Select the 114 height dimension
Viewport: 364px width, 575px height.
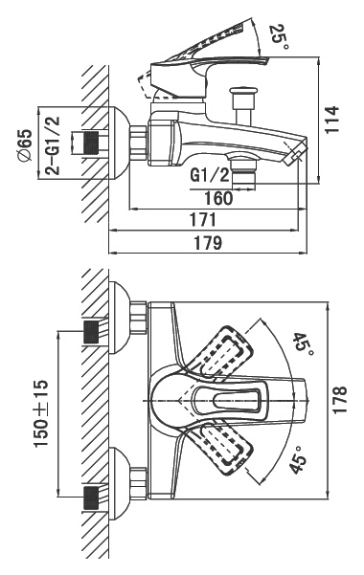click(331, 120)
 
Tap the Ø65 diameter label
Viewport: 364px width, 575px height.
click(25, 145)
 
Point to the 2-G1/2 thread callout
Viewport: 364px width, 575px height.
click(52, 145)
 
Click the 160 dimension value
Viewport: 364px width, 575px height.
click(218, 198)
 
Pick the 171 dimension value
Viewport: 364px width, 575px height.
click(203, 220)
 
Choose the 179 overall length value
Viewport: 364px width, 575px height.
click(208, 242)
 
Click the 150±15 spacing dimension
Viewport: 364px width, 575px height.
click(41, 413)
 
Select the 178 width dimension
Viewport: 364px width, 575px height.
click(339, 400)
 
